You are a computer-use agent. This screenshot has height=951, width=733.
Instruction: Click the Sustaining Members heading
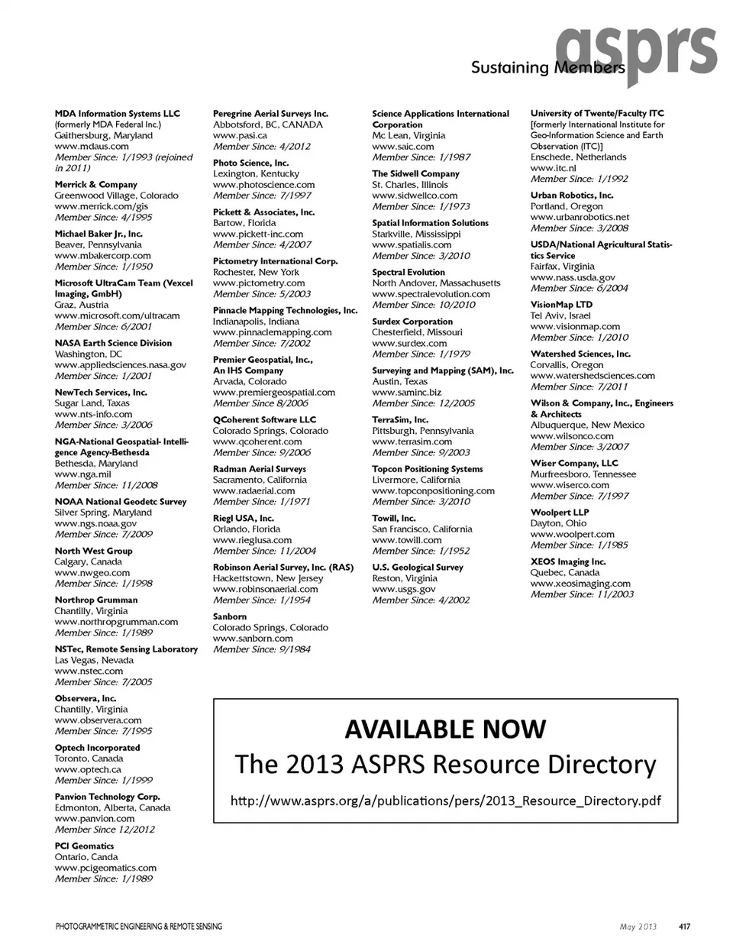coord(547,68)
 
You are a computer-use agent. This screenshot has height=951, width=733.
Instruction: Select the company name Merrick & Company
coord(95,185)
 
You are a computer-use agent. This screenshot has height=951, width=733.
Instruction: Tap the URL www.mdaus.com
coord(92,147)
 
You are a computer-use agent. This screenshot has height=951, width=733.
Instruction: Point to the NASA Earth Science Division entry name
coord(113,344)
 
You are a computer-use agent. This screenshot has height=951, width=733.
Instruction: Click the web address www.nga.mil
coord(82,474)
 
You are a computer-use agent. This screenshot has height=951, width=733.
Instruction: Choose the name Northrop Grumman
coord(96,600)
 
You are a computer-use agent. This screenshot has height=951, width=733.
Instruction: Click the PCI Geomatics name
coord(84,846)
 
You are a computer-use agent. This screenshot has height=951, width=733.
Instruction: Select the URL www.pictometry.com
coord(259,283)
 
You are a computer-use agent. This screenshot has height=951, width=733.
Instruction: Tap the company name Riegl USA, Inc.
coord(243,519)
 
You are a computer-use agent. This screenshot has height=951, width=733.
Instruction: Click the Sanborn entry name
coord(230,617)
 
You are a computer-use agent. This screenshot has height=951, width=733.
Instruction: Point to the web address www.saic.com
coord(403,147)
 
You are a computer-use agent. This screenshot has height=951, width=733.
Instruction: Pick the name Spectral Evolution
coord(408,273)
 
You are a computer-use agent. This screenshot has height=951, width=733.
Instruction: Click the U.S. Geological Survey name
coord(418,568)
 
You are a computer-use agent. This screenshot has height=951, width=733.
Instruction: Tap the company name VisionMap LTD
coord(561,305)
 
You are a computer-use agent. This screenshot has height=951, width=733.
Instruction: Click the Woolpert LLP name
coord(560,513)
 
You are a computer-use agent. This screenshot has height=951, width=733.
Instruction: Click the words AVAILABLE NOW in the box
coord(445,729)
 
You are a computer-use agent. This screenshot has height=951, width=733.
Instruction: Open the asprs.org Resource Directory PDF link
coord(445,801)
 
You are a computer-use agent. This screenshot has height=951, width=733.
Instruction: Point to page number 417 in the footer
coord(684,927)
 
